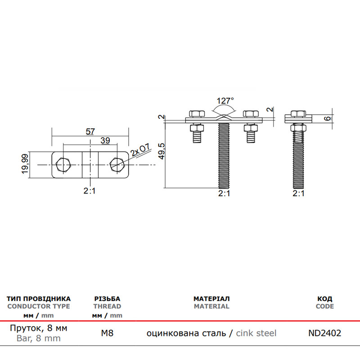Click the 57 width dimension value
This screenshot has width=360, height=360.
coord(90,131)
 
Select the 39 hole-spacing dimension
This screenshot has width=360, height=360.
coord(105,140)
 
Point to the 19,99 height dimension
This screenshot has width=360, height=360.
coord(25,164)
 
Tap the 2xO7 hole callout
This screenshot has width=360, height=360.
coord(140,150)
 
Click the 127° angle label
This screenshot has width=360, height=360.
coord(225,100)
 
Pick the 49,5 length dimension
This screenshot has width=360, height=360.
coord(162,151)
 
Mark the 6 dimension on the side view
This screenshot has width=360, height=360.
coord(329,118)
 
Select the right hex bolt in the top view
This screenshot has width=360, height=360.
coord(117,165)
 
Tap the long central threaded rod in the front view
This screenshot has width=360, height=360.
coord(224,156)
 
